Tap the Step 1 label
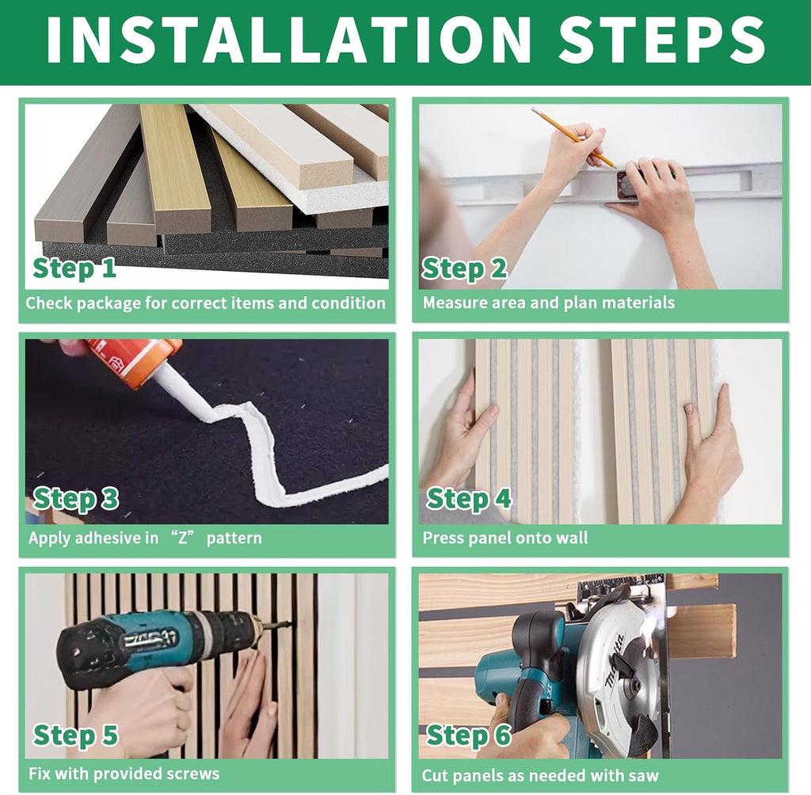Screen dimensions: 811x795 pyautogui.click(x=74, y=268)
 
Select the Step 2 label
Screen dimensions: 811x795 pyautogui.click(x=464, y=268)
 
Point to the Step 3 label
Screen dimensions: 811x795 pyautogui.click(x=75, y=499)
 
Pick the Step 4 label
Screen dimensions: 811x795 pyautogui.click(x=469, y=499)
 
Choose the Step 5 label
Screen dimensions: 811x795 pyautogui.click(x=75, y=735)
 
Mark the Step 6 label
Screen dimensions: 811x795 pyautogui.click(x=469, y=735)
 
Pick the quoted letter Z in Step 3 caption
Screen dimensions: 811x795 pyautogui.click(x=182, y=538)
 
